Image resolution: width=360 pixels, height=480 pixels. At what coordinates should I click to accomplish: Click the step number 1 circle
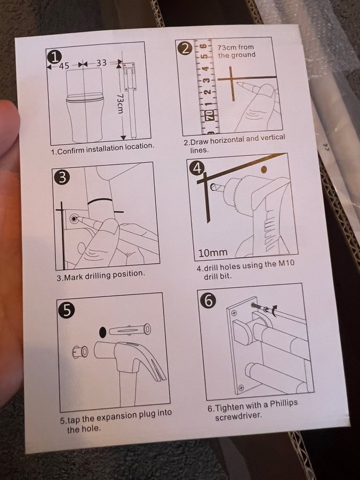(x=54, y=57)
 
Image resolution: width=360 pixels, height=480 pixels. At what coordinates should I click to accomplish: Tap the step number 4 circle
(x=197, y=168)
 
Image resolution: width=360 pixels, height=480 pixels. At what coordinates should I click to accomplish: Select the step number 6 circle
(x=208, y=301)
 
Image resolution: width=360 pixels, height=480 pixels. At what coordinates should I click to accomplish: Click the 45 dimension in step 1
(x=64, y=66)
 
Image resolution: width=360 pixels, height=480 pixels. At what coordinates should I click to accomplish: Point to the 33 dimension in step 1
(x=102, y=63)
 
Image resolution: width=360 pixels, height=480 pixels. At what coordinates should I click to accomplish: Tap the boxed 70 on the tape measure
(x=210, y=115)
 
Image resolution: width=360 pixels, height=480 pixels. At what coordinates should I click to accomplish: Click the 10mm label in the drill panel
(x=213, y=253)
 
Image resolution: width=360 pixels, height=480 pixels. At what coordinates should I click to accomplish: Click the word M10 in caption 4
(x=286, y=263)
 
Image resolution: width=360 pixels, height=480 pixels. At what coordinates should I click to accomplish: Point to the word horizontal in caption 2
(x=227, y=140)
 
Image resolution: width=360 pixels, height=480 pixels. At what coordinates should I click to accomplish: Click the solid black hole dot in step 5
(x=103, y=332)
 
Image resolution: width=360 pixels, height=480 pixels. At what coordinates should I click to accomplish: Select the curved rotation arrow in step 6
(x=274, y=311)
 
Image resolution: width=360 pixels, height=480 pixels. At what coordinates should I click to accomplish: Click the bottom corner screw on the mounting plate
(x=241, y=388)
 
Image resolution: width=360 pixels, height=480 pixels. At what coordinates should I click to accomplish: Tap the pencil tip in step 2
(x=238, y=83)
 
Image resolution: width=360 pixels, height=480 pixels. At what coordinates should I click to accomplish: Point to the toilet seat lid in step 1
(x=84, y=99)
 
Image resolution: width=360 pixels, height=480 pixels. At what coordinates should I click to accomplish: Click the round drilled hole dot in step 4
(x=264, y=169)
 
